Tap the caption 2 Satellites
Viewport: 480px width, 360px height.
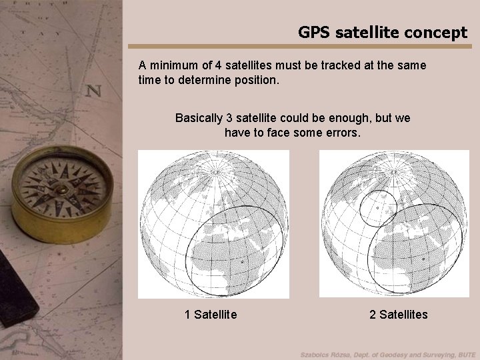click(x=399, y=314)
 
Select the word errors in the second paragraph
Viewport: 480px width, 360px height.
click(x=340, y=133)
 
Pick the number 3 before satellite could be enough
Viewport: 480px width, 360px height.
click(x=230, y=118)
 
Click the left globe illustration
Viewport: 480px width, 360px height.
click(x=213, y=223)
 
